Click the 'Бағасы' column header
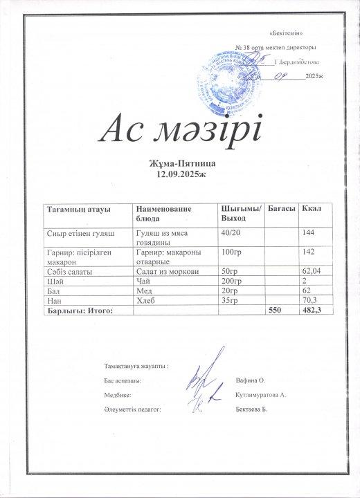coord(282,208)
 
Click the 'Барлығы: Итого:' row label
coord(78,311)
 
